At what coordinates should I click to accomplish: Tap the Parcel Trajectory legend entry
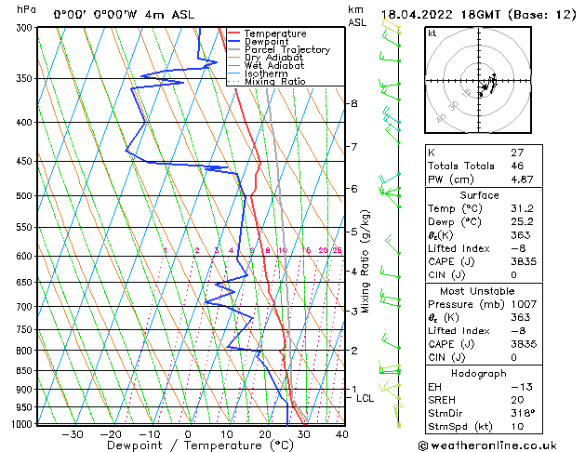click(x=286, y=49)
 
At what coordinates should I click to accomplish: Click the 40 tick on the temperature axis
click(x=341, y=434)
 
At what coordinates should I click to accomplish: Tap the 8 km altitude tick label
click(x=353, y=103)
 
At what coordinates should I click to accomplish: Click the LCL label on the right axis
click(x=366, y=398)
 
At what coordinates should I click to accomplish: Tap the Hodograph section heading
click(x=479, y=373)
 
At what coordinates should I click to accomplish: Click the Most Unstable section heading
click(x=479, y=291)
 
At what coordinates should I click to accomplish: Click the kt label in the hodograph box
click(x=432, y=33)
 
